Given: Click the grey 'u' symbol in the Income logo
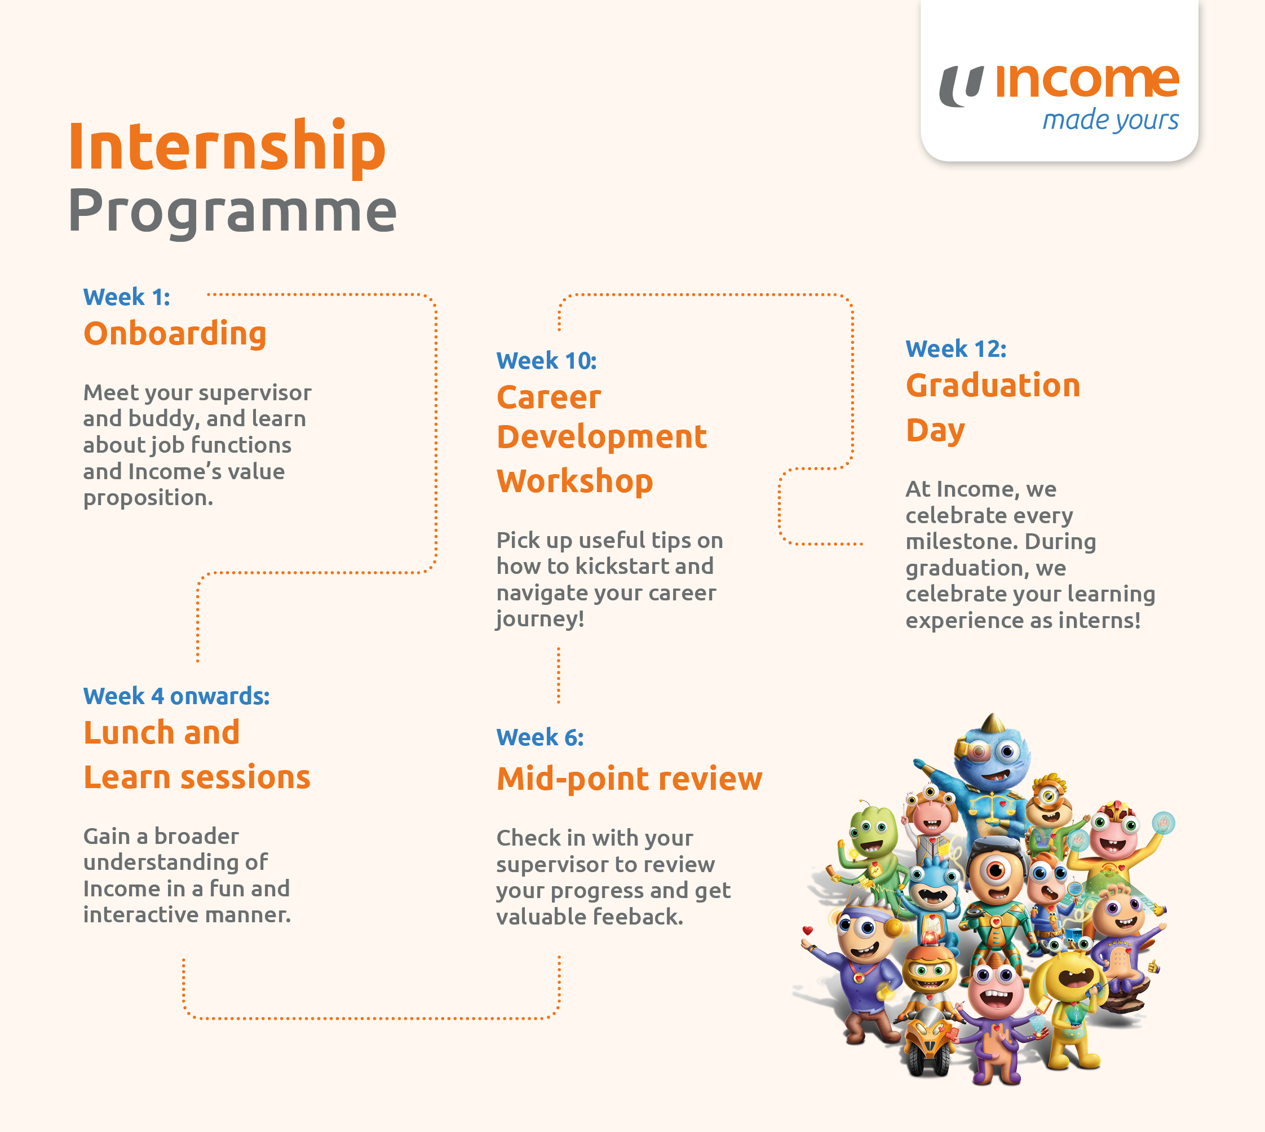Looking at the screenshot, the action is [961, 86].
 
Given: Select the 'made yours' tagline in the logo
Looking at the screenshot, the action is [1110, 120].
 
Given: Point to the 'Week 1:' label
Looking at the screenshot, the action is [126, 297].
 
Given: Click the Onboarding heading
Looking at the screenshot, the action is [175, 334].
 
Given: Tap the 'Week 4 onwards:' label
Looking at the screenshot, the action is [176, 697].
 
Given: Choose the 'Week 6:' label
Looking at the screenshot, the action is [540, 738].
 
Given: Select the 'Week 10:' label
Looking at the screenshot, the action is [546, 361].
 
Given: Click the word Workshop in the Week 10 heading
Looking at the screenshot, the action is [574, 481].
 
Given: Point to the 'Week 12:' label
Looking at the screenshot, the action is [956, 349].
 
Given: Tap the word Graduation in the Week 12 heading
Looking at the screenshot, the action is [993, 386].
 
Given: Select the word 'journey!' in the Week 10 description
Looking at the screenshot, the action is [540, 620].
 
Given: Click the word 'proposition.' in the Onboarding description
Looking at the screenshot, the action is [148, 498].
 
